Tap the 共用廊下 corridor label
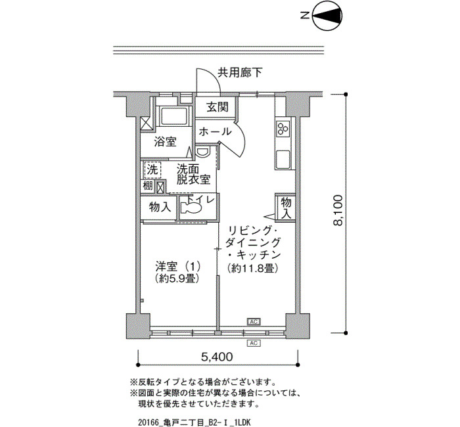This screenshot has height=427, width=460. click(x=240, y=72)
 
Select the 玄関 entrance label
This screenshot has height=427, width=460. click(x=218, y=106)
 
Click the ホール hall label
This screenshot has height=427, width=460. click(x=215, y=131)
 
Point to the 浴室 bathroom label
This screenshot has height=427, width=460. click(x=165, y=142)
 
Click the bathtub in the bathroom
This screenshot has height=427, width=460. click(x=173, y=116)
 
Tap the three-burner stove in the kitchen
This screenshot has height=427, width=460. click(x=283, y=128)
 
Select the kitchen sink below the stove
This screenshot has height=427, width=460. click(x=283, y=159)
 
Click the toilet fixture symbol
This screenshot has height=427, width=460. click(x=191, y=208)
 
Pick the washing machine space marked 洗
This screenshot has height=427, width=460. click(x=152, y=169)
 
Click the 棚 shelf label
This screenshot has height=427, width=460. click(x=148, y=186)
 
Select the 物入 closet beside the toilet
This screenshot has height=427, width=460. click(x=160, y=207)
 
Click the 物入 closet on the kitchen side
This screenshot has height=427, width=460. click(x=286, y=208)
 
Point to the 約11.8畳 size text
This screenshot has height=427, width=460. click(x=252, y=268)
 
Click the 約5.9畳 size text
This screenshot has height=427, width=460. click(x=178, y=278)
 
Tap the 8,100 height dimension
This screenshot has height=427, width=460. click(x=338, y=210)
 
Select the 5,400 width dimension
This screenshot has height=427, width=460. click(x=217, y=357)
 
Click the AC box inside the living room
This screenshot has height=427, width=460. click(x=254, y=322)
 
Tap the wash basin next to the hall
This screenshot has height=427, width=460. click(x=202, y=152)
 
